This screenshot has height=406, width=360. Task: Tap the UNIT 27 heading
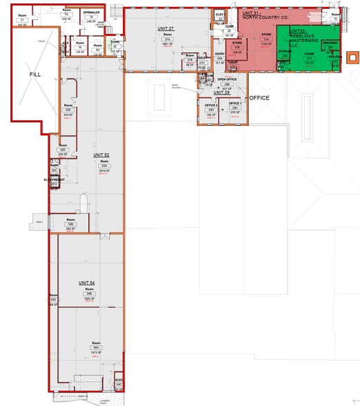pyautogui.click(x=164, y=28)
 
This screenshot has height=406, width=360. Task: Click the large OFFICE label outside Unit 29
pyautogui.click(x=258, y=98)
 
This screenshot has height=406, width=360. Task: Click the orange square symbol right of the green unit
pyautogui.click(x=353, y=57)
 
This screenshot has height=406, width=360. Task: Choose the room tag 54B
pyautogui.click(x=90, y=294)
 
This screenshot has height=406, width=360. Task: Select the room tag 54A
pyautogui.click(x=90, y=347)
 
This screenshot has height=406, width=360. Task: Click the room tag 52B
pyautogui.click(x=70, y=224)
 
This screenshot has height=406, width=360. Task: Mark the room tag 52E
pyautogui.click(x=68, y=110)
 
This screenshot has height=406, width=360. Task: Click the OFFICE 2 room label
pyautogui.click(x=210, y=105)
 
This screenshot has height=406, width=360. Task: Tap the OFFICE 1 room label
pyautogui.click(x=235, y=104)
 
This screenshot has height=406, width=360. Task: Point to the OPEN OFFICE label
pyautogui.click(x=227, y=79)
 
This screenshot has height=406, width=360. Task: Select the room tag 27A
pyautogui.click(x=167, y=40)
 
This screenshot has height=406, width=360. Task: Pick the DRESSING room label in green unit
pyautogui.click(x=330, y=43)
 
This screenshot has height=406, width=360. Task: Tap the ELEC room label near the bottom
pyautogui.click(x=118, y=380)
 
